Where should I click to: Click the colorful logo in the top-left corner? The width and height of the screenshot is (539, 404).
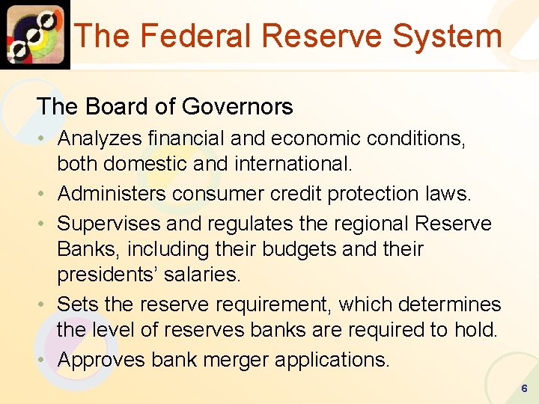34,34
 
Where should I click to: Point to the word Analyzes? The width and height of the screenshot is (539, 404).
101,138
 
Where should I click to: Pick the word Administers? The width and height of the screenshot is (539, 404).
112,194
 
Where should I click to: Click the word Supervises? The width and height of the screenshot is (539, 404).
109,224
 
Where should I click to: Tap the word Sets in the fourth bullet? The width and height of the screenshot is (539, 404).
73,304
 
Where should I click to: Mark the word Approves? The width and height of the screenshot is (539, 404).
102,360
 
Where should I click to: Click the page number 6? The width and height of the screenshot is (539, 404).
524,389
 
